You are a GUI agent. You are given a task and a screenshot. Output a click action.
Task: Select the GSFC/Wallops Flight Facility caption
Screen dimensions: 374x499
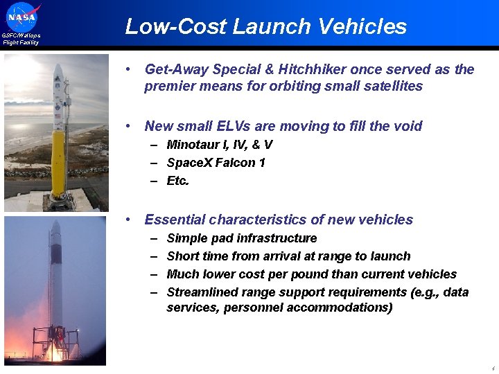(21, 39)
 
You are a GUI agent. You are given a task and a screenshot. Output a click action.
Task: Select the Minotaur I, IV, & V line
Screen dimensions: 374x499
(219, 145)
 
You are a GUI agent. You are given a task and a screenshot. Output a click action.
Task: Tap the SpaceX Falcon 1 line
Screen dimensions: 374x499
(216, 163)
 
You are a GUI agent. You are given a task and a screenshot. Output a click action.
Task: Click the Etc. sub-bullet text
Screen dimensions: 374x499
(177, 181)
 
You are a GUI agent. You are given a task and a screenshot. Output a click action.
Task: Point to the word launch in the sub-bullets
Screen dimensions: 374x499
(392, 256)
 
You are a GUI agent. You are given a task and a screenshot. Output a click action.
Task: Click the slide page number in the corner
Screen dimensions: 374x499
(491, 368)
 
